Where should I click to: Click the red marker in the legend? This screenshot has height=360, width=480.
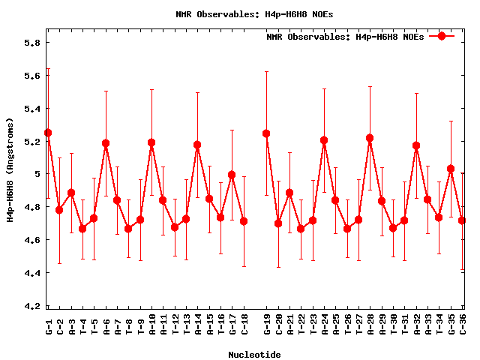[x=442, y=36]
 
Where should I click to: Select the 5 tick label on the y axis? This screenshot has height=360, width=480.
[x=35, y=174]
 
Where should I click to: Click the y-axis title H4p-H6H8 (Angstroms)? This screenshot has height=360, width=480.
[x=10, y=169]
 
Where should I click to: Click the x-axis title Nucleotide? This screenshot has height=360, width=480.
[x=255, y=355]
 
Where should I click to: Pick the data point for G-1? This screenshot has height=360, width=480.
[x=48, y=133]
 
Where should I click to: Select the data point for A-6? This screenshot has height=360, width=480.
[x=106, y=143]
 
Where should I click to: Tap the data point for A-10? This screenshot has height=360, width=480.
[x=151, y=142]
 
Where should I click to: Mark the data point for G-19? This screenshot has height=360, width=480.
[x=266, y=133]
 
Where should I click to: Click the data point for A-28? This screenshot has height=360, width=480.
[x=370, y=138]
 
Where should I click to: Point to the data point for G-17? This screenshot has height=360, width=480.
[x=232, y=175]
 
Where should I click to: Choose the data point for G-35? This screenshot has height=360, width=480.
[x=451, y=169]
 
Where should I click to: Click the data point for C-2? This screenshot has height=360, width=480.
[x=59, y=210]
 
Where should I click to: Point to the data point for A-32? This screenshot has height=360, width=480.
[x=416, y=145]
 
